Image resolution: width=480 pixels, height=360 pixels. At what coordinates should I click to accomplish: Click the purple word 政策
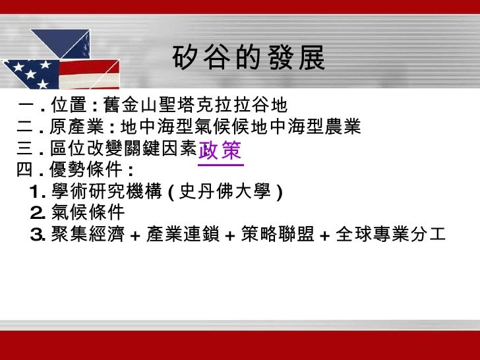(220, 150)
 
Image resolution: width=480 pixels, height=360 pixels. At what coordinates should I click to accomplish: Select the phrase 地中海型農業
(319, 127)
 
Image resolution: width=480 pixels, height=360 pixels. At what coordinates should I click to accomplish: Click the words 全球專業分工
(391, 233)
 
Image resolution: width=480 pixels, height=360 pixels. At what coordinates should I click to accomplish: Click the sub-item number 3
(37, 233)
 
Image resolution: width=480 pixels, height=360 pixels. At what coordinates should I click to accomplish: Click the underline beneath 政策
(220, 164)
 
